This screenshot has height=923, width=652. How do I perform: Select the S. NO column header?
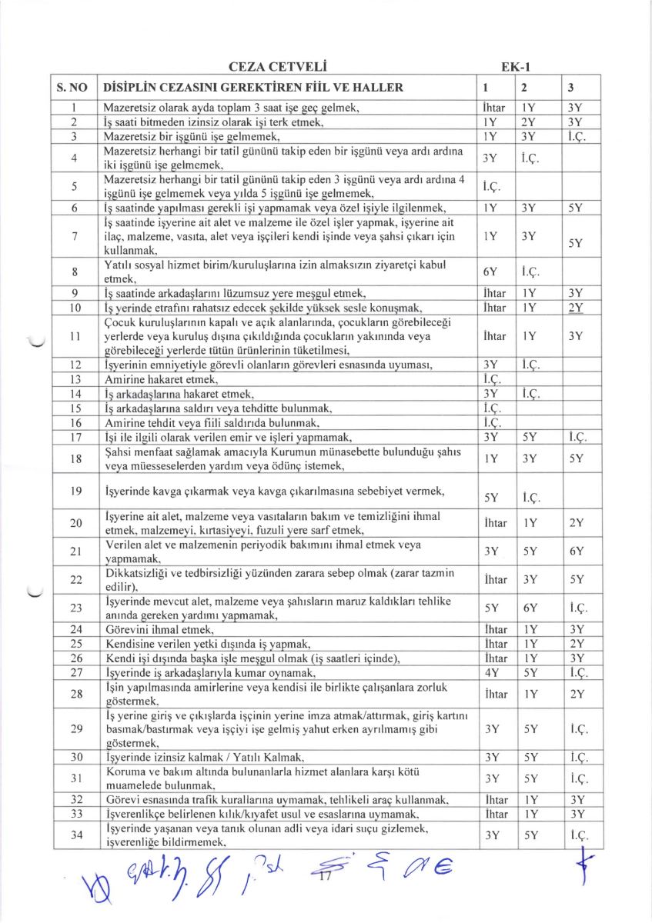[71, 87]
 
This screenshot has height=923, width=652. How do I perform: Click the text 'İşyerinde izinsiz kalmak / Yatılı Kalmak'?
[198, 757]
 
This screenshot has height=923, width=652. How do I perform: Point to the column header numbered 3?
[569, 87]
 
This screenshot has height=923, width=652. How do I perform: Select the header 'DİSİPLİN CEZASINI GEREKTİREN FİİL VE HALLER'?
[253, 87]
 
